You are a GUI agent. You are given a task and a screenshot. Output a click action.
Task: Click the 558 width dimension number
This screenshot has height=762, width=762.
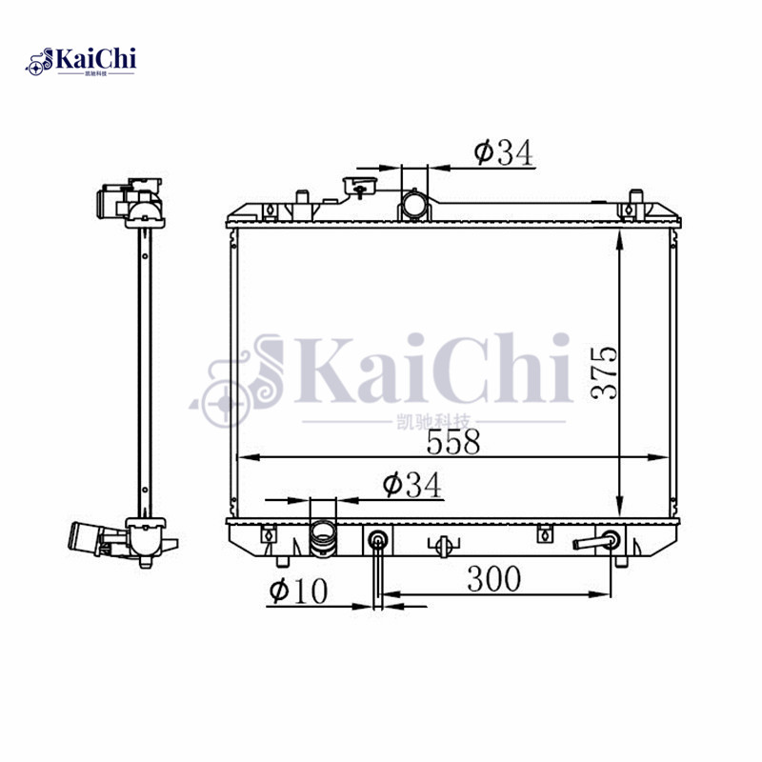(x=453, y=442)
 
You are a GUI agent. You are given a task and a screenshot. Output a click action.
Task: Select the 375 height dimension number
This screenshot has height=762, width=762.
(x=606, y=371)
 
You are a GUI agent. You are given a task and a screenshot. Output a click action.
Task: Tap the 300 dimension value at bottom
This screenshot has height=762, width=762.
(x=493, y=577)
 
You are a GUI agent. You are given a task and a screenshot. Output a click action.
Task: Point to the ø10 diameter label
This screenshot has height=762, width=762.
(x=298, y=591)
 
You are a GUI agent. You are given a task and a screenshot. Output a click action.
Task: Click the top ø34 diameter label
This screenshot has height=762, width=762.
(x=501, y=151)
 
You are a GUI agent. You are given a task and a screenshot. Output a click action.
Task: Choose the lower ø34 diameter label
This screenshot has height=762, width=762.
(x=411, y=485)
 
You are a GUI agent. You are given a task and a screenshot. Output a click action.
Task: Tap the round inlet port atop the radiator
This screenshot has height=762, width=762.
(x=414, y=204)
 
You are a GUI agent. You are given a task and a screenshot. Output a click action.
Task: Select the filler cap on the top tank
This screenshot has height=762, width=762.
(x=359, y=185)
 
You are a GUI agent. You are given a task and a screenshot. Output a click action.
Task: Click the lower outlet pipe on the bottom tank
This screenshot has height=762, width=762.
(x=323, y=543)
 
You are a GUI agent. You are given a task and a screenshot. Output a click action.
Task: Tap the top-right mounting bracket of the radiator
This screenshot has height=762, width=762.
(x=630, y=208)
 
